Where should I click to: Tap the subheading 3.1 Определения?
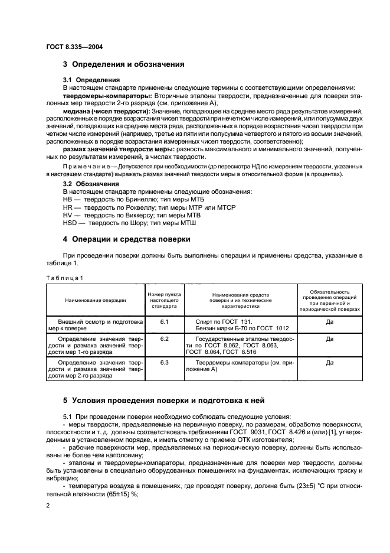coord(91,79)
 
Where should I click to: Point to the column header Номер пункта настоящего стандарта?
coord(164,300)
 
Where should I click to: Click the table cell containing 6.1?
coord(164,322)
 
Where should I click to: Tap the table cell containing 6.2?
coord(164,339)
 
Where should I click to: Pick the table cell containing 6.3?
coord(164,362)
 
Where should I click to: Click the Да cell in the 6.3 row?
coord(329,362)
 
